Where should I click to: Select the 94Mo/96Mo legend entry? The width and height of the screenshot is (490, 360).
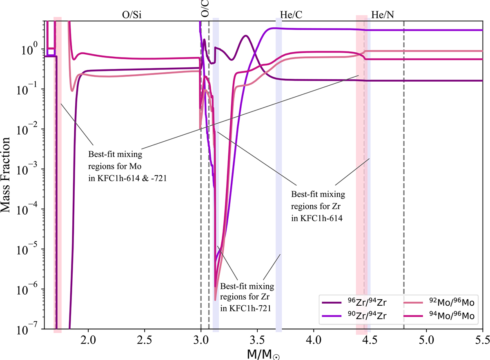pos(445,316)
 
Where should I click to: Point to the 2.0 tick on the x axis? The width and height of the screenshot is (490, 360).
pos(88,339)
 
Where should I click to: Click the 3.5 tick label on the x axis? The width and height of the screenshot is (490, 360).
pos(257,339)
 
